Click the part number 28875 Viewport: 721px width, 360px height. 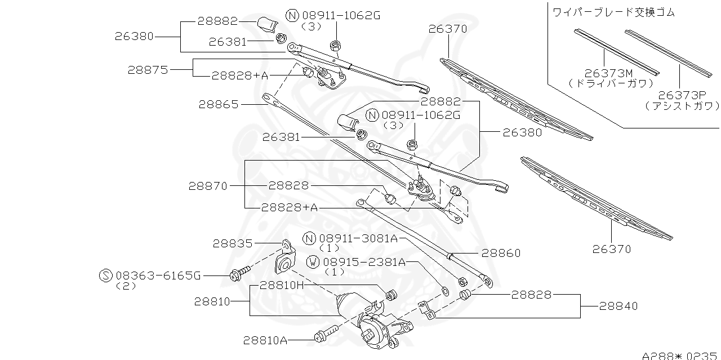pyautogui.click(x=148, y=70)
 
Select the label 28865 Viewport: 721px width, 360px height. pyautogui.click(x=218, y=104)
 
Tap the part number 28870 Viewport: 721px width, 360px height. pyautogui.click(x=208, y=185)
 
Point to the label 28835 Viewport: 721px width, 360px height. pyautogui.click(x=233, y=243)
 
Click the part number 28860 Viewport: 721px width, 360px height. pyautogui.click(x=501, y=254)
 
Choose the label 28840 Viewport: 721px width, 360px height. pyautogui.click(x=618, y=306)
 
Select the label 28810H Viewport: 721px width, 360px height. pyautogui.click(x=282, y=285)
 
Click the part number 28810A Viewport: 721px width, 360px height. pyautogui.click(x=265, y=340)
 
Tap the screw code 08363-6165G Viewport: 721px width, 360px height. pyautogui.click(x=158, y=275)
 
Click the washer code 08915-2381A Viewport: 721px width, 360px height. pyautogui.click(x=364, y=262)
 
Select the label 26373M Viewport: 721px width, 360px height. pyautogui.click(x=609, y=73)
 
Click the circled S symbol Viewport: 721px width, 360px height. pyautogui.click(x=105, y=275)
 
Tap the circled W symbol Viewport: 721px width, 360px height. pyautogui.click(x=313, y=262)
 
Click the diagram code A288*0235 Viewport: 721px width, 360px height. pyautogui.click(x=680, y=355)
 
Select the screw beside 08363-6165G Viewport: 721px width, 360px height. pyautogui.click(x=237, y=275)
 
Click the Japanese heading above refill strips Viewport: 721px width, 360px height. pyautogui.click(x=613, y=12)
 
